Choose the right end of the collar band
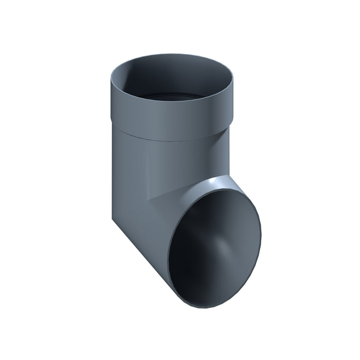tap(231, 108)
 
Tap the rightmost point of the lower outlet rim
tap(260, 226)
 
